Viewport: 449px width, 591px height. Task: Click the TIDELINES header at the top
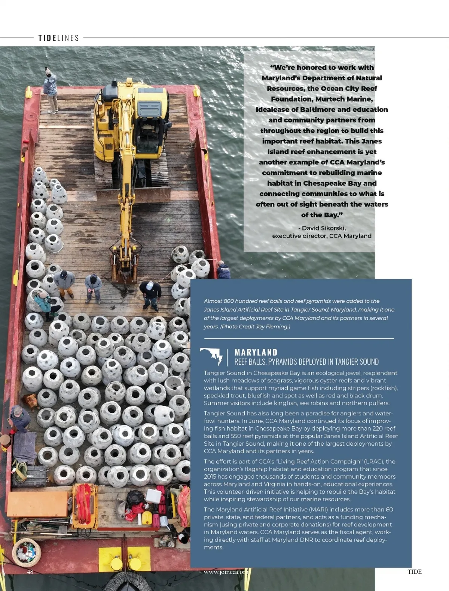59,38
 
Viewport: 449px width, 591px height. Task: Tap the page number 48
30,572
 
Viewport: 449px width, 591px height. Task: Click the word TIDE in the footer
414,572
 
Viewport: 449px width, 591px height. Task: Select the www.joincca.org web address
226,572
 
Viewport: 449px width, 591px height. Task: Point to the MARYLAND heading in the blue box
256,352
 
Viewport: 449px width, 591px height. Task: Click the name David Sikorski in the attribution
324,228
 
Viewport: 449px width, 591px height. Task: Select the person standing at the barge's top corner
51,90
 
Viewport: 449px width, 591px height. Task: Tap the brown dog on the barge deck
30,401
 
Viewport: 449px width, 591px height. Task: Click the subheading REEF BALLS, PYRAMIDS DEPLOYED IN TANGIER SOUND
306,362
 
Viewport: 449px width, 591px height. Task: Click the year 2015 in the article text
210,476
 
